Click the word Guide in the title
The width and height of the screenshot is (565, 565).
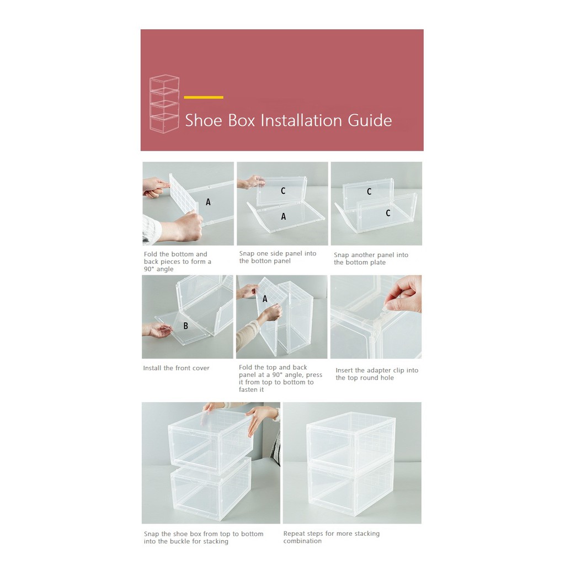click(370, 121)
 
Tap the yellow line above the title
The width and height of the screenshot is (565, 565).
click(204, 97)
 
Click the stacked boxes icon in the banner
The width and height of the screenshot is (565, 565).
click(164, 104)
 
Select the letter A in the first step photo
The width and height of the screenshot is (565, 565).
click(208, 202)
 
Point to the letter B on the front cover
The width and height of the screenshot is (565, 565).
click(185, 326)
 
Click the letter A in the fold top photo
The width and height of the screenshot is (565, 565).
click(265, 299)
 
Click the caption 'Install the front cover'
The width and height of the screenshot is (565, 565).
click(176, 368)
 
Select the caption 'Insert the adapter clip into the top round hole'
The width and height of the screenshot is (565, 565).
click(377, 374)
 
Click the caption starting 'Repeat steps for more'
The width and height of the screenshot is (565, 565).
click(332, 537)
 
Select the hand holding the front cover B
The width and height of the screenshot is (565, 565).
click(157, 330)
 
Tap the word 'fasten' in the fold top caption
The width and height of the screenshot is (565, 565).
click(249, 390)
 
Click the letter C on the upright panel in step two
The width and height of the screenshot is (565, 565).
click(283, 191)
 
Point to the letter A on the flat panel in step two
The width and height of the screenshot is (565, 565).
click(284, 216)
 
